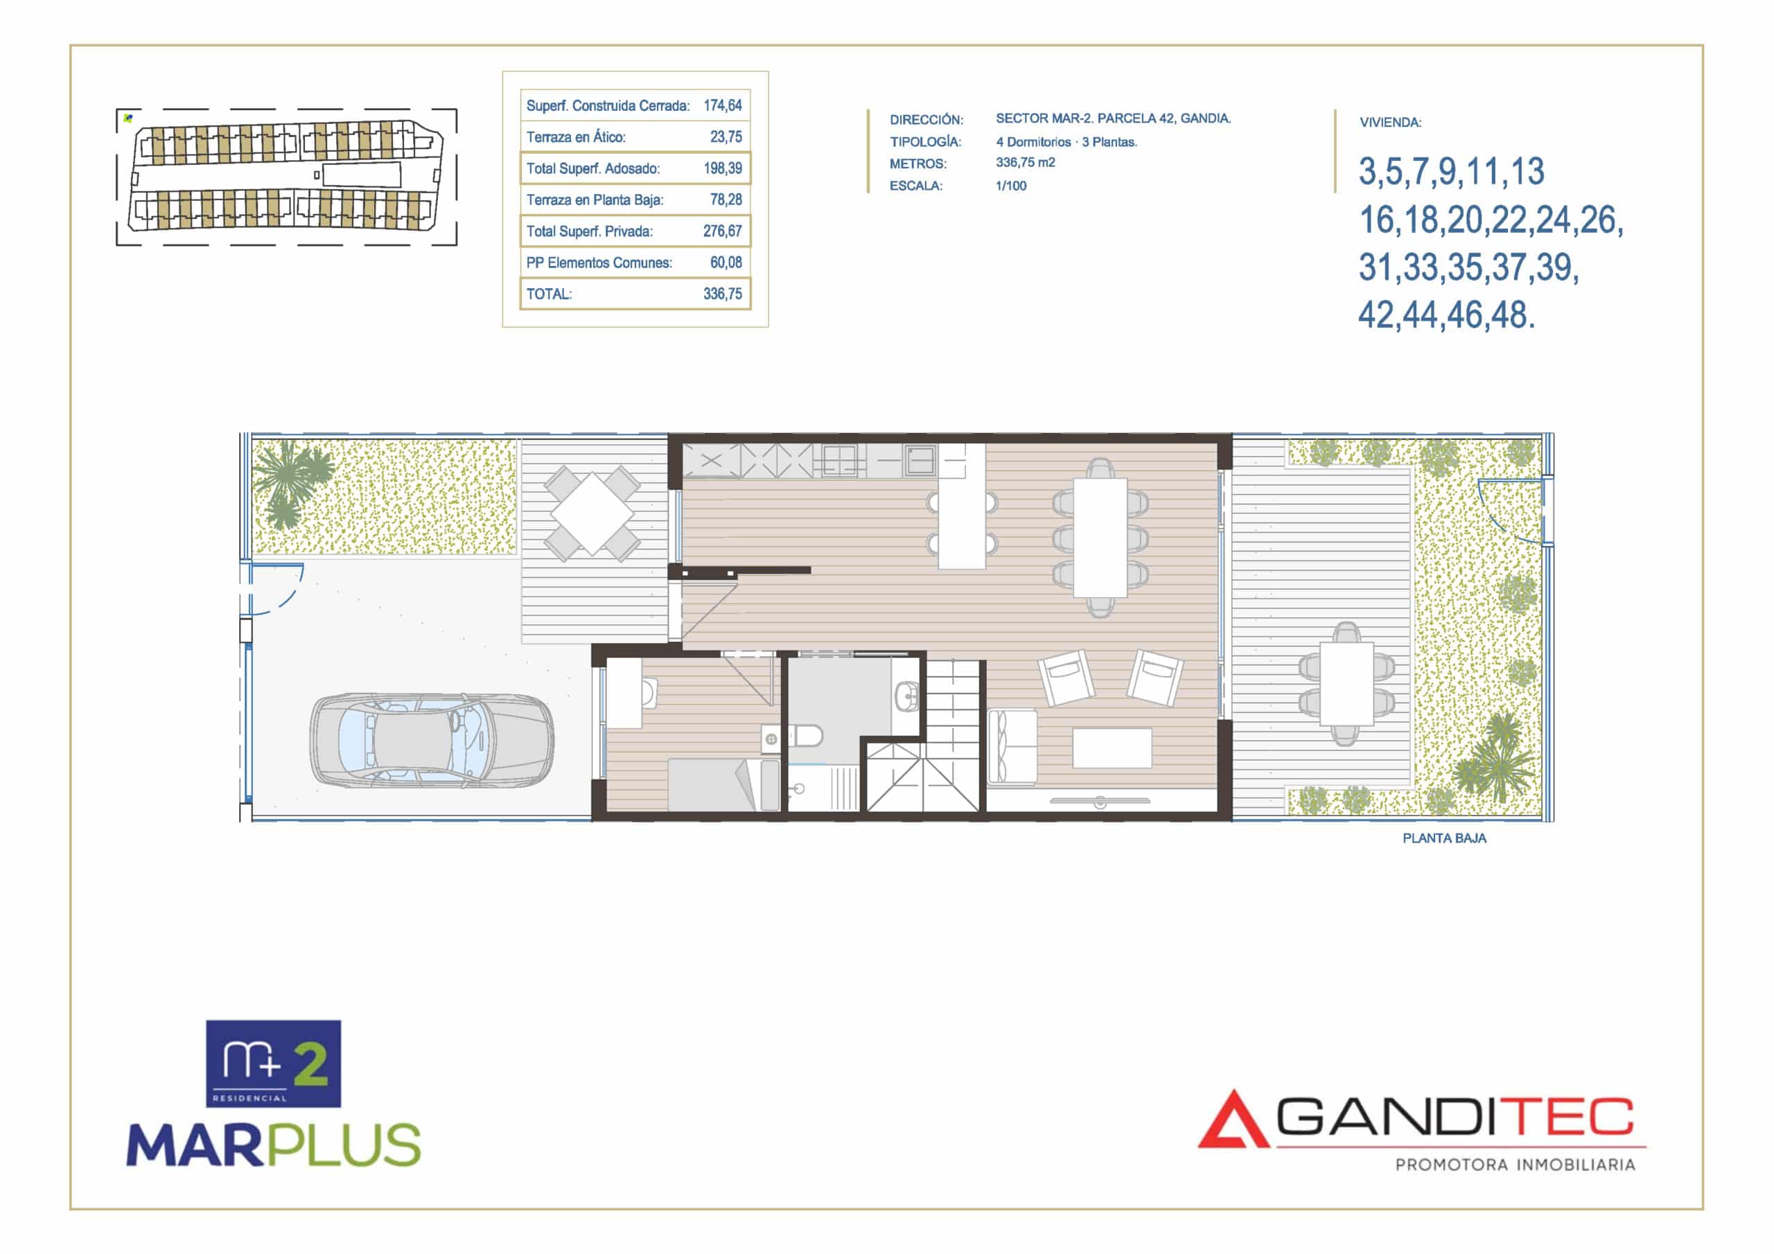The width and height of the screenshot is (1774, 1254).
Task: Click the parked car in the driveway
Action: [x=432, y=740]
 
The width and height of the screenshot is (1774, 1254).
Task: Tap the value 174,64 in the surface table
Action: [x=723, y=105]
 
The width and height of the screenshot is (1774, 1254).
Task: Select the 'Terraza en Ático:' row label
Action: [x=576, y=136]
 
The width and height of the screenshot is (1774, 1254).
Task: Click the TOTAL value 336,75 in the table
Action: [x=723, y=294]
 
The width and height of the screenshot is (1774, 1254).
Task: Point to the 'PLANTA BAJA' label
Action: [x=1444, y=838]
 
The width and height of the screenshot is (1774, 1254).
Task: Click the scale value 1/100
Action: [x=1010, y=186]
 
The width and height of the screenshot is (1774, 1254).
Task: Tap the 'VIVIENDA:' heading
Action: [x=1390, y=122]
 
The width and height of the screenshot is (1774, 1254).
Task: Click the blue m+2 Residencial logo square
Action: [x=273, y=1063]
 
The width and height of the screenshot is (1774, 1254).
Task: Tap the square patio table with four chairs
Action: [x=592, y=513]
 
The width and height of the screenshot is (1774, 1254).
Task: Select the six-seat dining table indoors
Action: [x=1100, y=538]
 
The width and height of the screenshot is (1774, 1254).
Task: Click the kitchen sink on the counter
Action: [x=920, y=460]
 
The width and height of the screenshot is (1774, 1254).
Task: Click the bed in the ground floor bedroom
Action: [x=723, y=784]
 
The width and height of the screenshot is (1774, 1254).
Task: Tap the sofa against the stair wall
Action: [x=1012, y=746]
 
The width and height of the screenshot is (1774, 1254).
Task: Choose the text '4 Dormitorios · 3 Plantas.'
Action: [x=1066, y=142]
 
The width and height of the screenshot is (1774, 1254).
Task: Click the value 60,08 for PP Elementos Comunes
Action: [x=726, y=262]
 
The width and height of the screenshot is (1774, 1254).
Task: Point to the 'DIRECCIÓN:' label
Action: [x=926, y=120]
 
